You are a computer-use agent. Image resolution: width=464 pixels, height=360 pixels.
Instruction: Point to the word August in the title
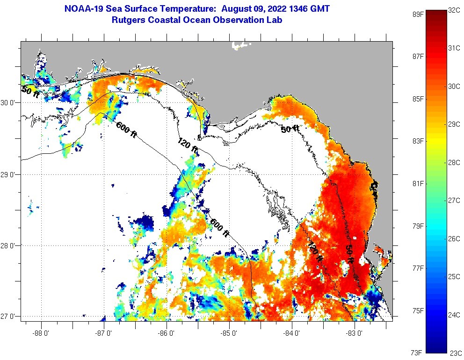click(x=238, y=9)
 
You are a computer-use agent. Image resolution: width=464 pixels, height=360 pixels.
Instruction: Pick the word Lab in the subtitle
click(x=274, y=20)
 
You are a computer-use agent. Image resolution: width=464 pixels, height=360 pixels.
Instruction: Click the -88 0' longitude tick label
click(x=41, y=334)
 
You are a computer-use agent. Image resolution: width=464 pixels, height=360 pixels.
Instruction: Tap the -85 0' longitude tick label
click(x=229, y=334)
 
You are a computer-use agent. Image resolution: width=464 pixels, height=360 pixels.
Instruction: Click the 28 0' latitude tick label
click(x=9, y=246)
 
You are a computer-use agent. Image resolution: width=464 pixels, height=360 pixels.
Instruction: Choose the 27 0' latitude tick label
click(x=9, y=317)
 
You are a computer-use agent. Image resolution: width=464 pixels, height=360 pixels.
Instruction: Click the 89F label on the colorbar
click(x=417, y=14)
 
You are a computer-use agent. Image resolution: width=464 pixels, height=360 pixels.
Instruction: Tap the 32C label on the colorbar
click(x=454, y=10)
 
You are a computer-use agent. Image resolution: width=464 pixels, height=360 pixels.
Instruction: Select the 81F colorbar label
click(x=417, y=183)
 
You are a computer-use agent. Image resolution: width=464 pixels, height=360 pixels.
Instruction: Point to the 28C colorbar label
click(x=454, y=162)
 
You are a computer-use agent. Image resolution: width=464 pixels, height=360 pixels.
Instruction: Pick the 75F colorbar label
click(x=417, y=310)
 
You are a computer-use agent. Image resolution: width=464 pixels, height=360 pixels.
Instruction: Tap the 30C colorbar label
click(x=454, y=86)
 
